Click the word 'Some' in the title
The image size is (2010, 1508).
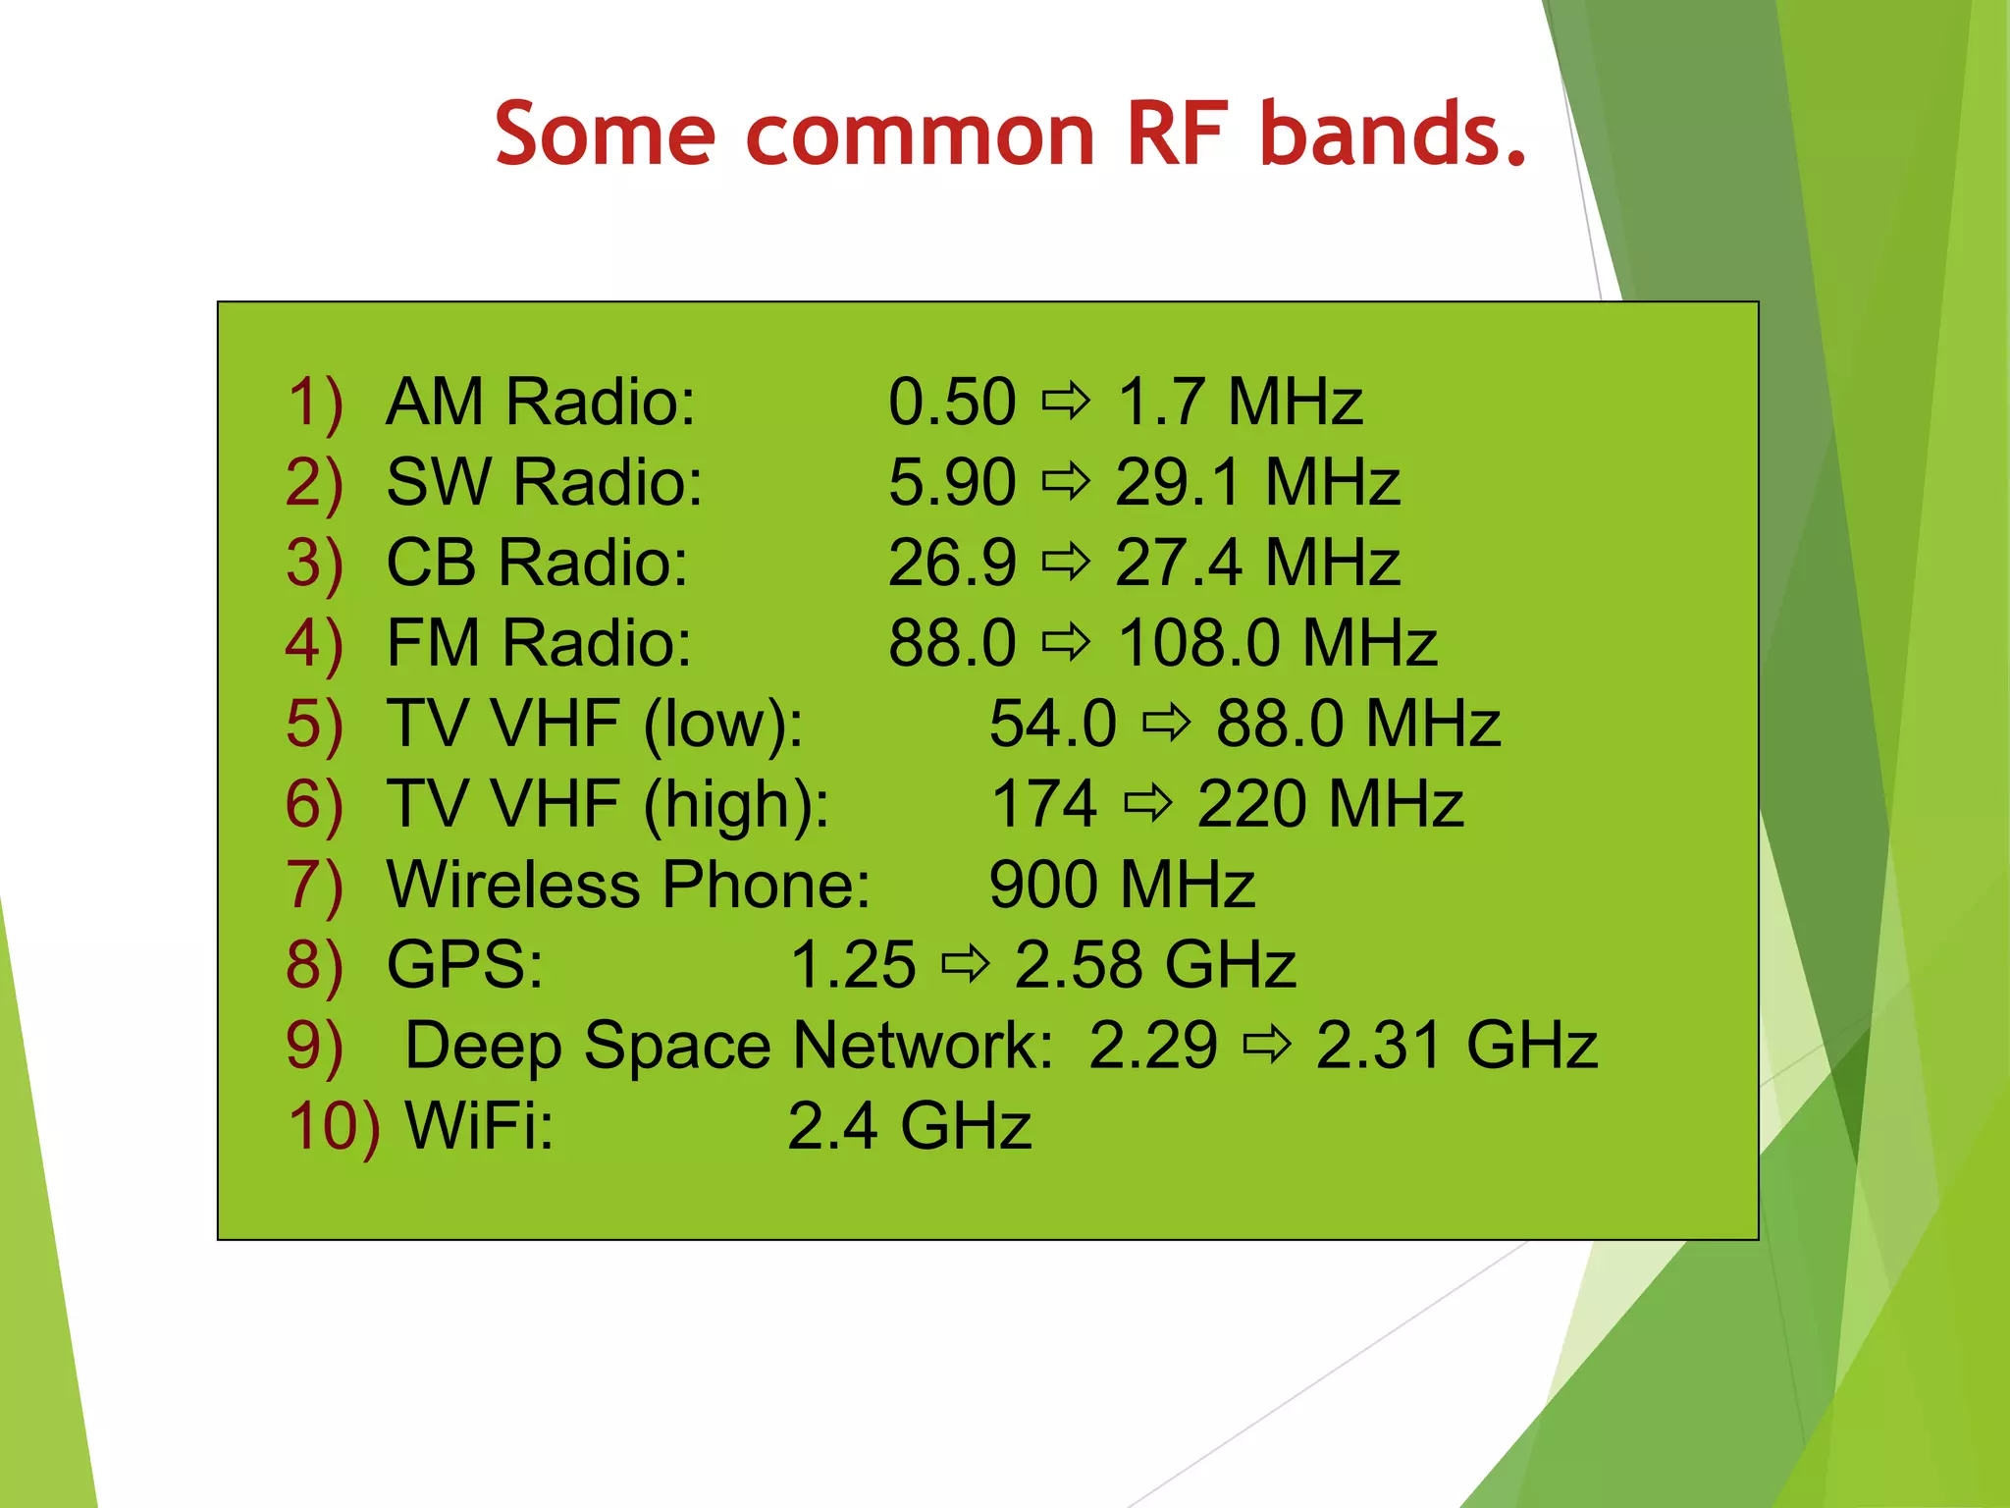coord(605,135)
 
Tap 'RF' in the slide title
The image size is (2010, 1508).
coord(1177,135)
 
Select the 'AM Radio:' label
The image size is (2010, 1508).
coord(541,403)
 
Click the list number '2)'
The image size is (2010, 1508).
coord(314,483)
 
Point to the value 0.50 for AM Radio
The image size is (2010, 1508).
coord(951,403)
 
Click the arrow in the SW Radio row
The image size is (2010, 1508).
coord(1066,481)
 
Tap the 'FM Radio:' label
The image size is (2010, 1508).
coord(539,644)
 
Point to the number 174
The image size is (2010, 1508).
coord(1043,805)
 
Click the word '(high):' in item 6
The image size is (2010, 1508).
coord(736,806)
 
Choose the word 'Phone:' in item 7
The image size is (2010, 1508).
coord(766,886)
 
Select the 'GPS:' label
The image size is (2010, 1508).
coord(464,965)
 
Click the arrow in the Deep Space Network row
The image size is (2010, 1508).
coord(1267,1044)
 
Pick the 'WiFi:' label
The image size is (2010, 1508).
coord(480,1126)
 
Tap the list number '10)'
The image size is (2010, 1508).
coord(333,1126)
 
